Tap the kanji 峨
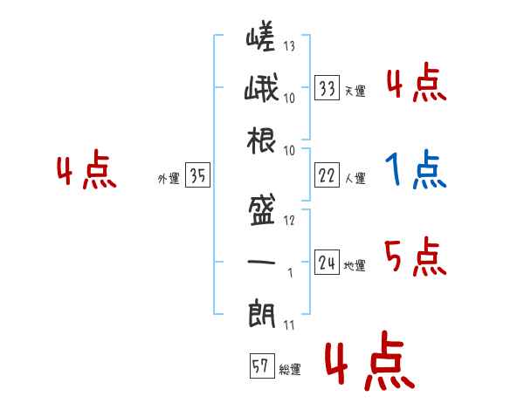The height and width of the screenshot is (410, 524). tap(261, 87)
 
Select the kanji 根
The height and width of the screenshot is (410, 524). tap(261, 140)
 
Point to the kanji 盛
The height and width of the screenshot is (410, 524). tap(261, 209)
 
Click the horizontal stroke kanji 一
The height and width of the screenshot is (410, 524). tap(261, 262)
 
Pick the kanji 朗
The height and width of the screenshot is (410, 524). tap(261, 313)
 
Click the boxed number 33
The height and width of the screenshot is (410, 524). tap(327, 87)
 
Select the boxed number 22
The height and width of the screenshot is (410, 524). tap(327, 174)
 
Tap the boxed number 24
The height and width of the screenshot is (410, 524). tap(327, 262)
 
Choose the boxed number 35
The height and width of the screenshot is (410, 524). tap(197, 174)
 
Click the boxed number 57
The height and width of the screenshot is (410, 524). tap(262, 366)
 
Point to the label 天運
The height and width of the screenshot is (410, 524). tap(355, 91)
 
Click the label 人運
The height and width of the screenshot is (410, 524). tap(355, 178)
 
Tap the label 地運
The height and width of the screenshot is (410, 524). tap(355, 265)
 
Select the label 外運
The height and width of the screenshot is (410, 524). tap(169, 178)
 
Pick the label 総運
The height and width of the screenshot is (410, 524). tap(290, 369)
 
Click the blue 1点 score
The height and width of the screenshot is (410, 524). tap(416, 169)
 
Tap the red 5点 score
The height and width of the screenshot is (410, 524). tap(415, 256)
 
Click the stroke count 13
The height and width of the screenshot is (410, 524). tap(289, 45)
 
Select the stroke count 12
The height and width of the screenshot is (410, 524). tap(289, 220)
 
